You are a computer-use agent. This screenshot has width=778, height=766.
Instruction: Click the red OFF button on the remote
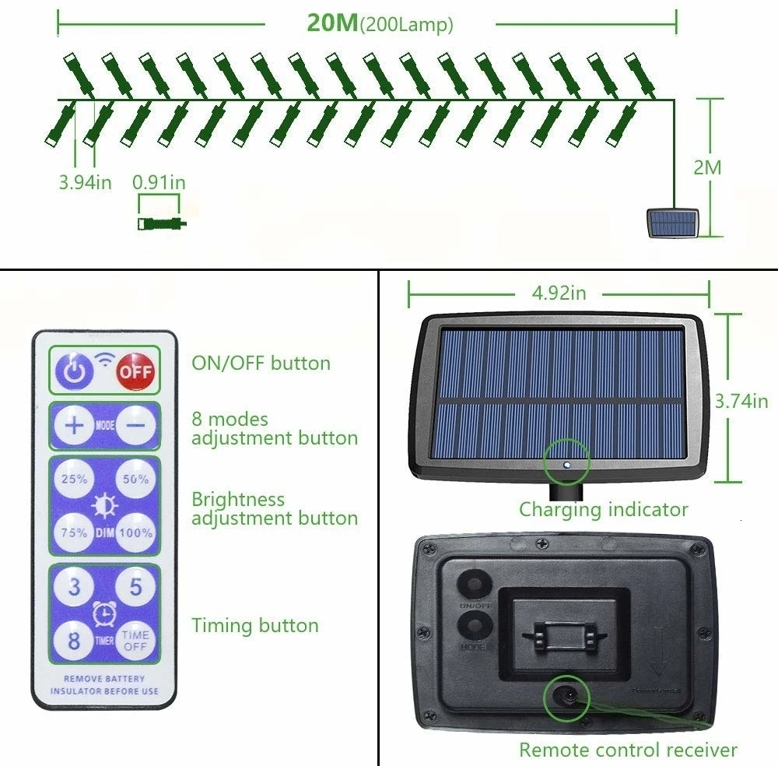[x=135, y=371]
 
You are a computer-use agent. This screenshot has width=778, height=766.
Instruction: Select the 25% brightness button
[x=75, y=479]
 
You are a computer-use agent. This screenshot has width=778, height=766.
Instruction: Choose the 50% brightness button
[x=135, y=479]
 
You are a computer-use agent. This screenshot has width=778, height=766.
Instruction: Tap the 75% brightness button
[x=75, y=533]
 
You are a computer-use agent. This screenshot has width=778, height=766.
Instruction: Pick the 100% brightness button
[x=135, y=533]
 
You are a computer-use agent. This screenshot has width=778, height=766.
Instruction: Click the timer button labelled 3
[x=75, y=587]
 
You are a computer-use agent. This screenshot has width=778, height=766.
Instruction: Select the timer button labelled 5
[x=135, y=587]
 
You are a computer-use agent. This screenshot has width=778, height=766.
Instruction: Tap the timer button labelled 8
[x=75, y=641]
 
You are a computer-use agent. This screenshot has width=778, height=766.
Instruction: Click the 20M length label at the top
[x=332, y=23]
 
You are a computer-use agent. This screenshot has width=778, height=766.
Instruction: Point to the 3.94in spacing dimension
[x=85, y=183]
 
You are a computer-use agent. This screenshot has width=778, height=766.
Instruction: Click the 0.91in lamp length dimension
[x=159, y=183]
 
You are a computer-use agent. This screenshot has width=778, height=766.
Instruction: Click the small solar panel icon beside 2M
[x=673, y=223]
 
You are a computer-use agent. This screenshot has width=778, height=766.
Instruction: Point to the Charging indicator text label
[x=604, y=510]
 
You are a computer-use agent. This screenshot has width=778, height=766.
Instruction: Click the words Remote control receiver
[x=628, y=750]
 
